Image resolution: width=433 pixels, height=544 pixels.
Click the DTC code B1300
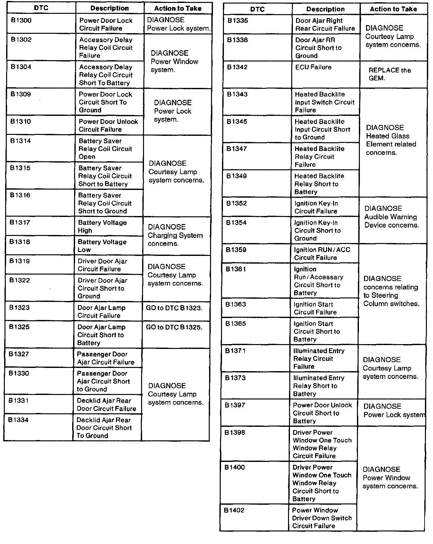pos(21,21)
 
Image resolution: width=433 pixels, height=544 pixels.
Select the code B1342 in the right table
pos(237,67)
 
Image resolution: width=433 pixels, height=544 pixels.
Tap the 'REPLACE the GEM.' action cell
pos(390,74)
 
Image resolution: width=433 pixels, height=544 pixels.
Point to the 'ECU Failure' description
pos(313,67)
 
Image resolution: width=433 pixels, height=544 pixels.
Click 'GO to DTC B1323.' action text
pos(174,308)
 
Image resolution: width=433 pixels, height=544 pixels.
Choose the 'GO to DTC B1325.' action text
pos(174,327)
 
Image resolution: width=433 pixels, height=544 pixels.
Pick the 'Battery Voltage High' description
pos(102,227)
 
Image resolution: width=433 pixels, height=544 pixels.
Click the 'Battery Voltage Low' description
pos(102,246)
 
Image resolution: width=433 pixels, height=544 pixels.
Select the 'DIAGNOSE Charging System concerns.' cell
pos(175,235)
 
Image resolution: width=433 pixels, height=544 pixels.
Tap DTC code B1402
pos(234,510)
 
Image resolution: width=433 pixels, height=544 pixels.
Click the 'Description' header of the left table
pos(110,8)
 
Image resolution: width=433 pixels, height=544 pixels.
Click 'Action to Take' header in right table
pos(393,9)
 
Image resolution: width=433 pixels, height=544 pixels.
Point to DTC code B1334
pos(18,420)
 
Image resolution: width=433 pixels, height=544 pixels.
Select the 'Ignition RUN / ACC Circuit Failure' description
pos(322,254)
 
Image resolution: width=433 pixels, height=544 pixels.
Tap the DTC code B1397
pos(235,405)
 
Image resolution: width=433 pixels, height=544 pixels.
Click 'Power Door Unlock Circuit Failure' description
pos(108,126)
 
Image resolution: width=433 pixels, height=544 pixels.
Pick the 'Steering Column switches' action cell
pos(391,291)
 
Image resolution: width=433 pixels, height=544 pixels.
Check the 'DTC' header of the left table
pos(41,8)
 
